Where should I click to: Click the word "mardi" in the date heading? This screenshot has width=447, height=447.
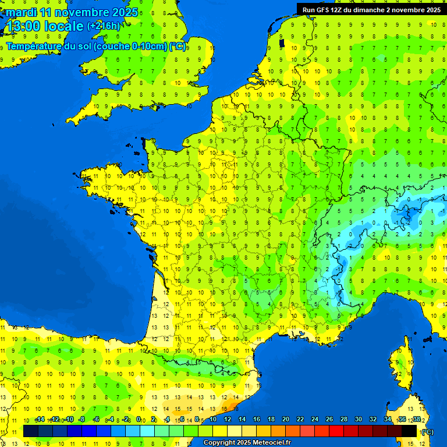click(22, 12)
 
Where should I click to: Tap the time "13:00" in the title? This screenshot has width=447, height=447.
click(25, 26)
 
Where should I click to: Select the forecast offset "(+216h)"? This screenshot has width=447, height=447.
click(104, 26)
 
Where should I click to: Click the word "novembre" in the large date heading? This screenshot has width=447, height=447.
click(81, 12)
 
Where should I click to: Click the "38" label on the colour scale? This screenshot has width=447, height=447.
click(416, 419)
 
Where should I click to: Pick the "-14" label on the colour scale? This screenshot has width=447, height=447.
click(40, 419)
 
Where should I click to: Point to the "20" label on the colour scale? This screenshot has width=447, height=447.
click(285, 419)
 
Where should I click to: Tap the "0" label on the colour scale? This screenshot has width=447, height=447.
click(139, 419)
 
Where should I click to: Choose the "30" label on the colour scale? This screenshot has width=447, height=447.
click(358, 419)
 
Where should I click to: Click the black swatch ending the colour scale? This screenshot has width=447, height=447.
click(409, 431)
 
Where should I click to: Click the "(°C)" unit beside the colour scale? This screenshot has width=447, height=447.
click(428, 431)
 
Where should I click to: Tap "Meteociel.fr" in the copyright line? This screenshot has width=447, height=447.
click(271, 443)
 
